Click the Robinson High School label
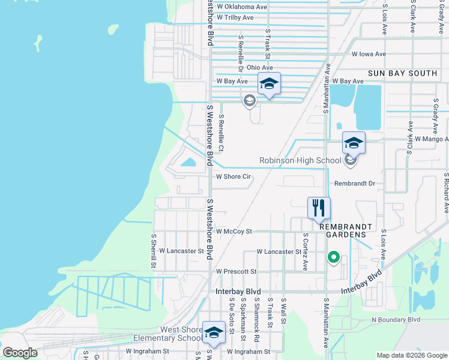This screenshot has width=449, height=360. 300,160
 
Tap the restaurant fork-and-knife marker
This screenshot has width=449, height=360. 319,208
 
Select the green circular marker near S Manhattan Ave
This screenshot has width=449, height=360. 333,258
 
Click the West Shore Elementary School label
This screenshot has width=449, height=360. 181,334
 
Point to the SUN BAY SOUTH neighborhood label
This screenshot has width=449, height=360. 402,73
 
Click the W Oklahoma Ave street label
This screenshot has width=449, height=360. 242,7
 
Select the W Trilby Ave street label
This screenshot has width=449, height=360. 237,17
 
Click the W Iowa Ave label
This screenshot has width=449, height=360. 368,54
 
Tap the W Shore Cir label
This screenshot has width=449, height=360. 233,177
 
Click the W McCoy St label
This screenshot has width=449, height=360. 234,231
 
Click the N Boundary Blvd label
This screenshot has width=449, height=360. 396,320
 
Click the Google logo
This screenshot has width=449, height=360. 20,352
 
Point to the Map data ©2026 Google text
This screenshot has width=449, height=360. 412,355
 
